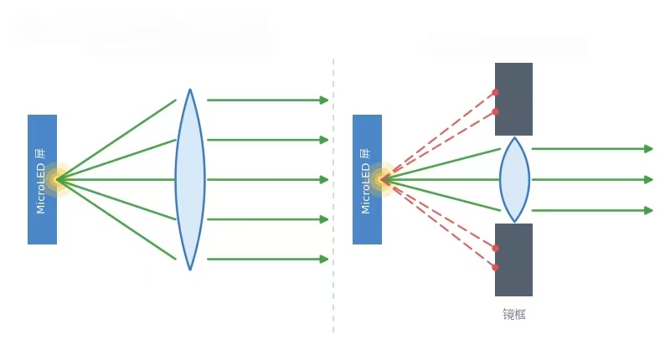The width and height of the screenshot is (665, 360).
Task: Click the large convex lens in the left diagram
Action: pos(190,179)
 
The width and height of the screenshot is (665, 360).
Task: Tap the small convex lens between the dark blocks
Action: pos(514,179)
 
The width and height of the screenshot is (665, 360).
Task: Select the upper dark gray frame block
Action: pos(513,100)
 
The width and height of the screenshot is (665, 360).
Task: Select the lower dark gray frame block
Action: pos(513,260)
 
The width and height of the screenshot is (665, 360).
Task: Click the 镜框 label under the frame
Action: pos(514,314)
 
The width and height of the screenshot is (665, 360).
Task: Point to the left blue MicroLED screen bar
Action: pos(43,179)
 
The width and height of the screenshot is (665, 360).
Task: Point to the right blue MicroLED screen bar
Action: pos(368,179)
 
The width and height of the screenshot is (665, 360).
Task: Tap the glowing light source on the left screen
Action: pos(58,179)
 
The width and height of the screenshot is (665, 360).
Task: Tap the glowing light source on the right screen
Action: pos(383,179)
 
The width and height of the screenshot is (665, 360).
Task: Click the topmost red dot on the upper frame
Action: pos(495,92)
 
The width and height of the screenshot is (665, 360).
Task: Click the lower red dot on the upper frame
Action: pos(495,112)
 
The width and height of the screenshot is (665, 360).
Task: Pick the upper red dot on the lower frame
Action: pos(495,248)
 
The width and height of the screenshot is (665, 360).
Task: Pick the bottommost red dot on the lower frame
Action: pos(495,267)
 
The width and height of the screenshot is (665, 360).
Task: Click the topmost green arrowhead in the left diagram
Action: pos(324,100)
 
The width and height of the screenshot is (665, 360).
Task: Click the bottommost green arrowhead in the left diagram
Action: pos(324,259)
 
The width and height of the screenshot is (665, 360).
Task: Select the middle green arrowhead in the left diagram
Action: pos(324,179)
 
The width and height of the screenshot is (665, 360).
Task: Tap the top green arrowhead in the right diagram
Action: pos(648,149)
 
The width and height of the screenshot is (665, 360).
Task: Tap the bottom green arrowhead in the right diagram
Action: pos(648,210)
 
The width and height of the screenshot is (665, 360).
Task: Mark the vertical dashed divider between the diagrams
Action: pos(333,196)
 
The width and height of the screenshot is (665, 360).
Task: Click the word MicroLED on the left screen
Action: pos(41,189)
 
